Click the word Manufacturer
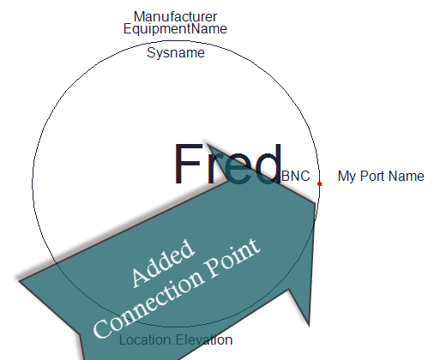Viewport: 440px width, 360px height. [175, 16]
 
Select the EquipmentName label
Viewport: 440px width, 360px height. [175, 28]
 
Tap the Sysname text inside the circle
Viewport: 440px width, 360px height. [176, 53]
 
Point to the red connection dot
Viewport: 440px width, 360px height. [320, 184]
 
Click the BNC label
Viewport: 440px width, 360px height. [296, 176]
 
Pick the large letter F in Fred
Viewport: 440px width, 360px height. [187, 164]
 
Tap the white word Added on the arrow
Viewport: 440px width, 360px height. [163, 263]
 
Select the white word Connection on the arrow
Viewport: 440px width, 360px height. [149, 303]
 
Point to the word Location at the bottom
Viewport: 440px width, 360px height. [145, 340]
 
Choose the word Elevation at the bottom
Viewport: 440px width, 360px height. [204, 340]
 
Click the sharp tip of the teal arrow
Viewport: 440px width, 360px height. [316, 203]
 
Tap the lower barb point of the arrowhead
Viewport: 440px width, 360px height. [309, 326]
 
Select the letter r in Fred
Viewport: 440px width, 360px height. [214, 169]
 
